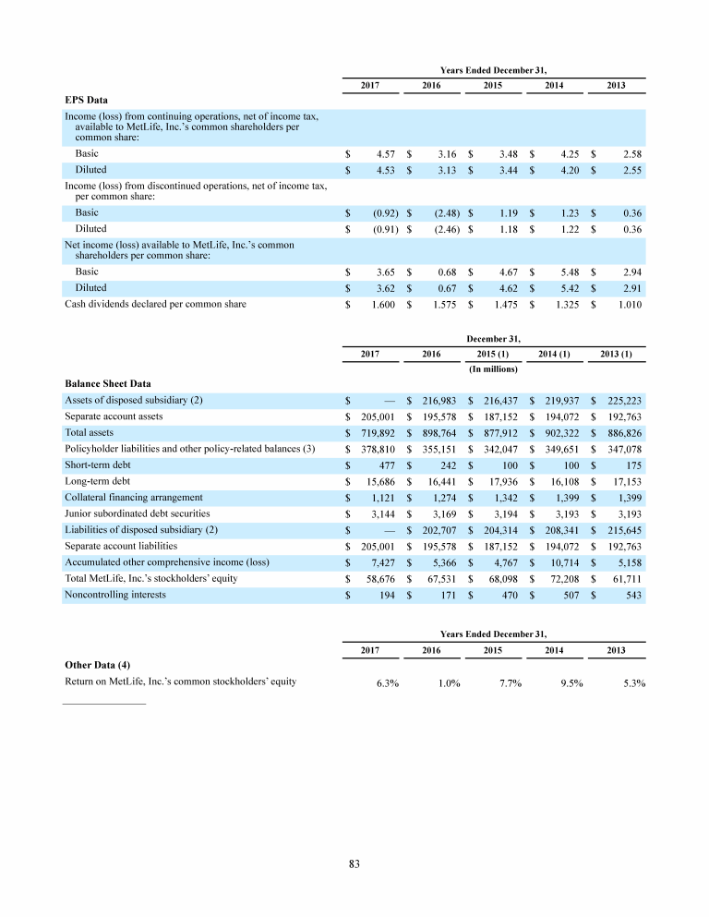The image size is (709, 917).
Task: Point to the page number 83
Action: (354, 863)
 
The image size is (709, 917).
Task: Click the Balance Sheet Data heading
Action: (108, 382)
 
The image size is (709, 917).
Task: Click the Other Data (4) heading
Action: (97, 664)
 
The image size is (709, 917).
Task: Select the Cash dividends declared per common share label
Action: (155, 304)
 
